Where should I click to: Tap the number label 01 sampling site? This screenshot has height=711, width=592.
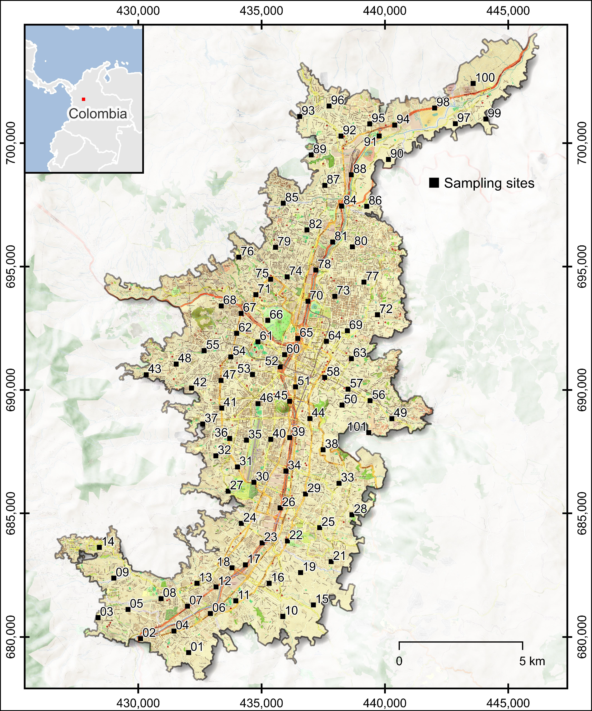tap(197, 647)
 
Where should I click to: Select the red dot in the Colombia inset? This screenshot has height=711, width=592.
tap(84, 99)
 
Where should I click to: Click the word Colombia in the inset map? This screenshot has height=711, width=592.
tap(98, 114)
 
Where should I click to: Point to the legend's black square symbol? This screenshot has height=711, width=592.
tap(434, 183)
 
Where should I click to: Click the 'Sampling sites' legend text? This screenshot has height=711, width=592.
tap(489, 183)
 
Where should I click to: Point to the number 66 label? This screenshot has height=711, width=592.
tap(276, 315)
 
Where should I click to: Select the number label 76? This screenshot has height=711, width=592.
tap(247, 251)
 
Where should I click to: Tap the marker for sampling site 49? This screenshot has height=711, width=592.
tap(392, 418)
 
